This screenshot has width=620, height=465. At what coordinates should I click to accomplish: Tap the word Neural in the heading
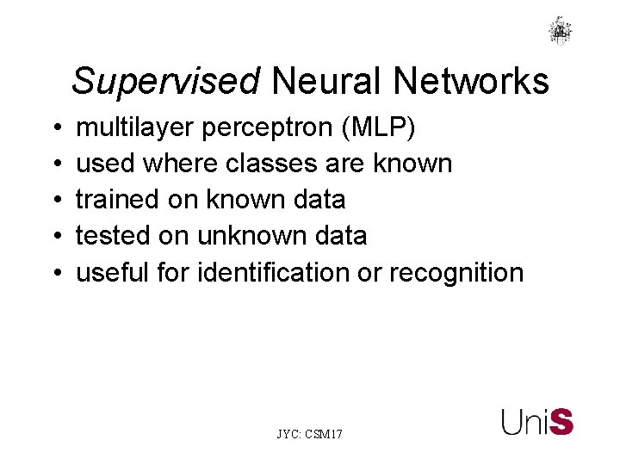[326, 82]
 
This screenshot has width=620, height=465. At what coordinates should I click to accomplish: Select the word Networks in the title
[471, 82]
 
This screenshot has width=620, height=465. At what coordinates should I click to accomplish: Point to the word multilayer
[137, 128]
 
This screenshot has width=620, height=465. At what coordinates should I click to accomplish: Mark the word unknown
[252, 235]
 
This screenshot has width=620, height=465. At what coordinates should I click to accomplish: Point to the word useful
[111, 272]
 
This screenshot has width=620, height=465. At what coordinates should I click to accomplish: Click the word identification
[270, 272]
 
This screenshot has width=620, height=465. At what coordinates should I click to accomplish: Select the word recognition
[456, 272]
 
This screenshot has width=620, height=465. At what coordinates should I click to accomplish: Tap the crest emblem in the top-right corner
[561, 30]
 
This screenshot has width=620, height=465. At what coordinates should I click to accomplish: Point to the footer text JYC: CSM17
[309, 435]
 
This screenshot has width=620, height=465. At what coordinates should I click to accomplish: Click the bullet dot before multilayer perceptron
[55, 129]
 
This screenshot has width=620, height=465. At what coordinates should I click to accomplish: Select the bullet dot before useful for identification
[55, 273]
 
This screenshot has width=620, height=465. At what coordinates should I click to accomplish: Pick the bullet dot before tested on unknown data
[55, 237]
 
